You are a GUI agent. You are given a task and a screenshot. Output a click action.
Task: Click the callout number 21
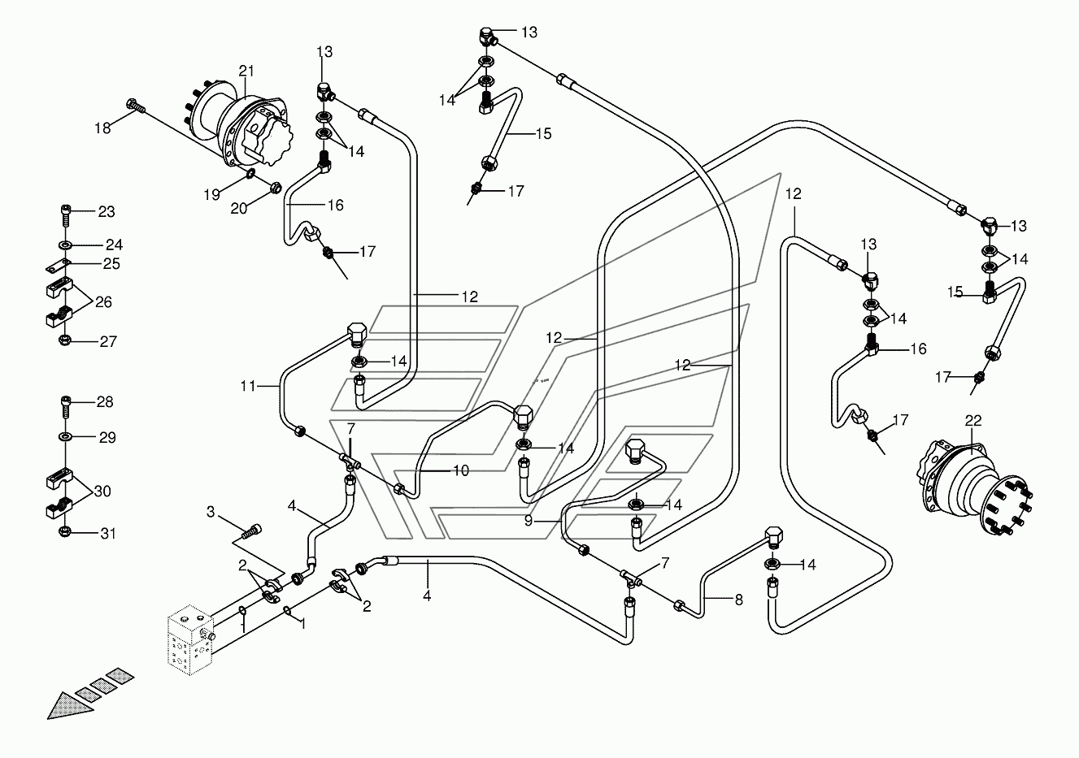tap(246, 71)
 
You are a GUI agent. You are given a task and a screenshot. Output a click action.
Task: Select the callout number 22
tap(973, 421)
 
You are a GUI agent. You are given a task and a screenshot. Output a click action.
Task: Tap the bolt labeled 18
tap(135, 106)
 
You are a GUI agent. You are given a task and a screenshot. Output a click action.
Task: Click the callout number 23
tap(107, 211)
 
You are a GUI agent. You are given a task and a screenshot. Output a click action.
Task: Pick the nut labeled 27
tap(63, 340)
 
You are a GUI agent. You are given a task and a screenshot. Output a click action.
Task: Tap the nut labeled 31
tap(63, 532)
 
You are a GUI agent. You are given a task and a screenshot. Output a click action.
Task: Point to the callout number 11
tap(247, 386)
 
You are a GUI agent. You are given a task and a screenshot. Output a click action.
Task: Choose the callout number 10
tap(461, 470)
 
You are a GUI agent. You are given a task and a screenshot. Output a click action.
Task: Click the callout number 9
tap(529, 521)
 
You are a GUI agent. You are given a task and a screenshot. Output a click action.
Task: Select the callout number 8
tap(739, 600)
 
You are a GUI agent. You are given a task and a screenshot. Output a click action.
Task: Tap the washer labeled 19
tap(250, 173)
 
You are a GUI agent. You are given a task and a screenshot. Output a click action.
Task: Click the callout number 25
tap(111, 264)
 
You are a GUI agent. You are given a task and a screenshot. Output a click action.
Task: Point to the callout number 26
tap(103, 301)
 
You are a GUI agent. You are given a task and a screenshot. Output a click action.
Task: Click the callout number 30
tap(102, 491)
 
